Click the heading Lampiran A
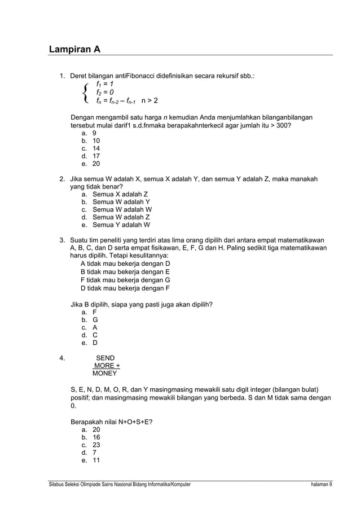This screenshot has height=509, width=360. coord(74,49)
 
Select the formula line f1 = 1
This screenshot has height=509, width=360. coord(105,84)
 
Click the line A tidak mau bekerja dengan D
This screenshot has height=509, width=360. coord(125,264)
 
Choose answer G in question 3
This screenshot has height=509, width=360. coord(95,319)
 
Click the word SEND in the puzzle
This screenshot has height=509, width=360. coord(106,358)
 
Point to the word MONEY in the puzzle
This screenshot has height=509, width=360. coord(105,374)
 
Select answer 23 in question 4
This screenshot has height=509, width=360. coord(96,444)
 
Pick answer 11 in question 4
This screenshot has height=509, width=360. coord(96,460)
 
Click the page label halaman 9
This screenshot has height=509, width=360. coord(321,485)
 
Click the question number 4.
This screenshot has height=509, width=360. coord(62,358)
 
